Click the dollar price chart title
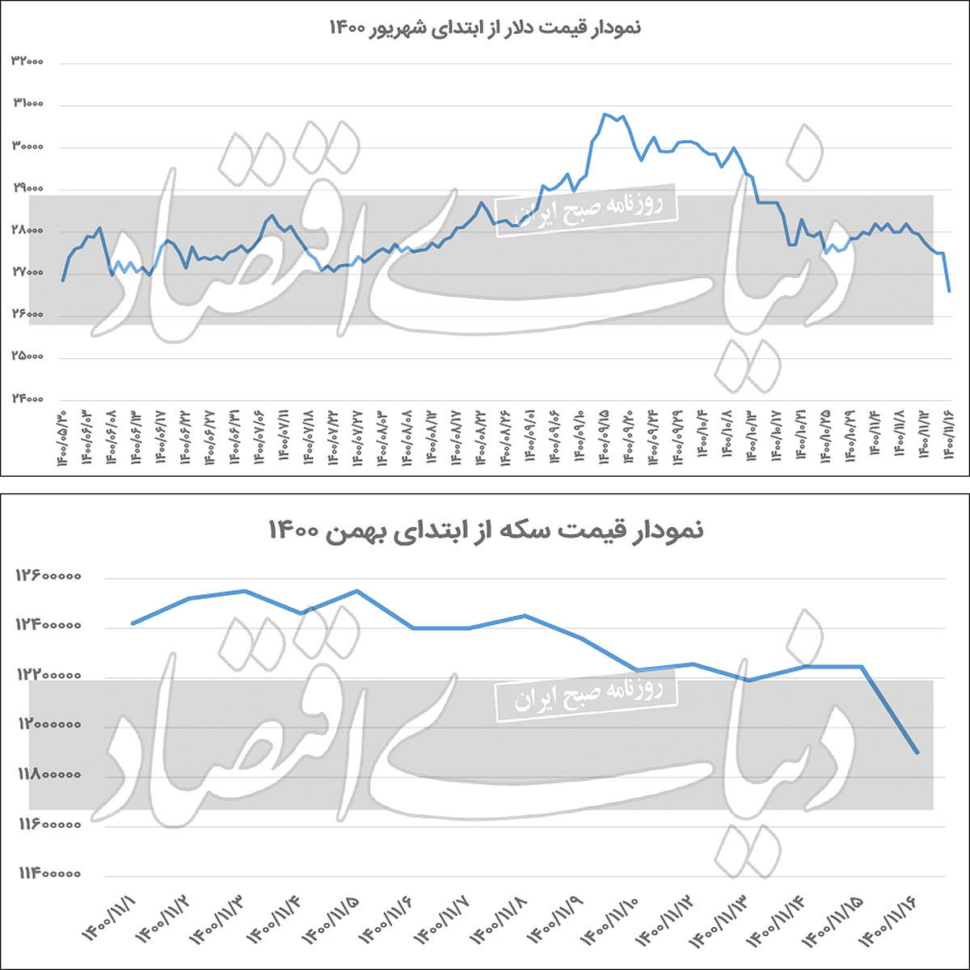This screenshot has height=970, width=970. [485, 27]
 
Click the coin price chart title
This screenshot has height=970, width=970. [485, 531]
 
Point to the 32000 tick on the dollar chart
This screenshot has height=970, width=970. [27, 62]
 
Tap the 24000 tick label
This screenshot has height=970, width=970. [27, 399]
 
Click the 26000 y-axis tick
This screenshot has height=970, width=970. [27, 315]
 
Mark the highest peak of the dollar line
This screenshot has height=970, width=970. [605, 114]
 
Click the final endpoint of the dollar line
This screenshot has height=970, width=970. [949, 291]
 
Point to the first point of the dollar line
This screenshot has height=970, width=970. [63, 280]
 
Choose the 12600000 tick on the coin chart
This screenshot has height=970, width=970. [48, 577]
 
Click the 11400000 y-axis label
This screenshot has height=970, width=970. [48, 874]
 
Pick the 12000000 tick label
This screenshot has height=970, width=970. [48, 726]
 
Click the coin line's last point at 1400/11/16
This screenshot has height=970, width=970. [917, 753]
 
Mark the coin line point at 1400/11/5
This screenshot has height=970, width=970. [357, 591]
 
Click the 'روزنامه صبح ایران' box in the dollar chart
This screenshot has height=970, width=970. [586, 210]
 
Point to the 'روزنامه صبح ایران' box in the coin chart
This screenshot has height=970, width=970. [586, 694]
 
